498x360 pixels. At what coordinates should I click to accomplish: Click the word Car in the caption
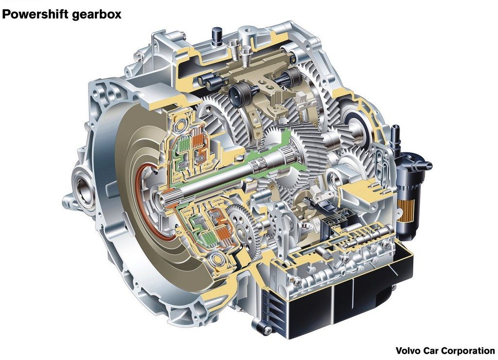point(431,351)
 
